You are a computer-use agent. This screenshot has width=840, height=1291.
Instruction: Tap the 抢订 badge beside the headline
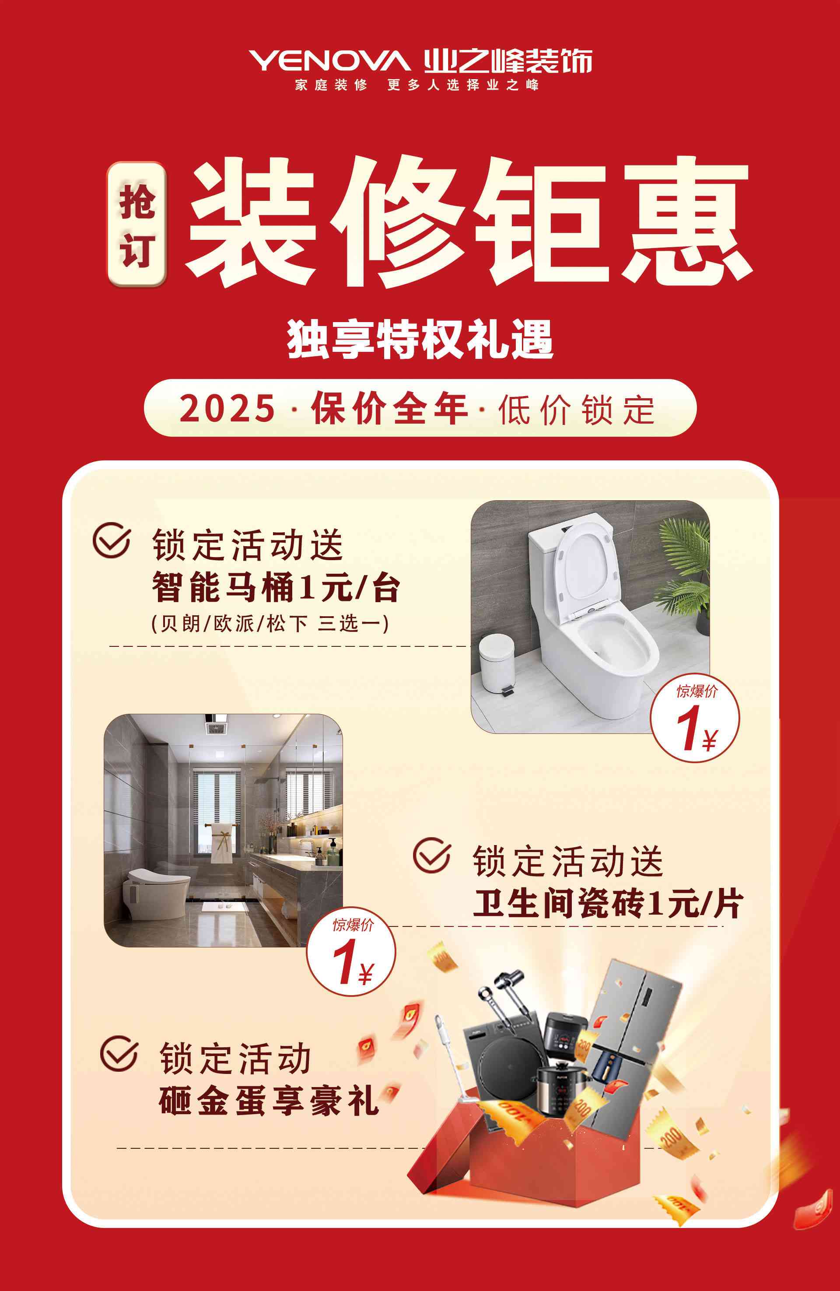(136, 224)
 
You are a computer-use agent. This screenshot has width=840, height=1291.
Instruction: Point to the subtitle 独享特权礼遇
(420, 339)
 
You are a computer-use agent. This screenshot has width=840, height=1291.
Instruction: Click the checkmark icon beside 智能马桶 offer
(112, 540)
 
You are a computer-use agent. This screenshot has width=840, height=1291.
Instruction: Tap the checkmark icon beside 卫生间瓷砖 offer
(432, 856)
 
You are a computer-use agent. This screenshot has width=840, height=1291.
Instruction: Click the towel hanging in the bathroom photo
(219, 842)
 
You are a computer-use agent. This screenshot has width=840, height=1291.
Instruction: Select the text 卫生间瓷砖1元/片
(608, 903)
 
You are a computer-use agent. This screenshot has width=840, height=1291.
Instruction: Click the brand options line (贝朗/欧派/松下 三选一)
(270, 623)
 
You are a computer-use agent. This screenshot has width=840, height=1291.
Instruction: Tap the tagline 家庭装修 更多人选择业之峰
(417, 84)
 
